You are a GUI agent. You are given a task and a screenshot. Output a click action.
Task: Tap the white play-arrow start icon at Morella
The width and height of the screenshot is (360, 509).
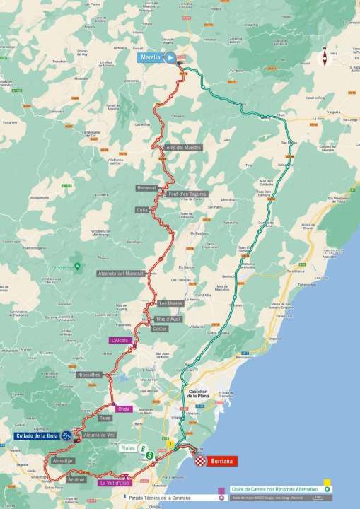170,59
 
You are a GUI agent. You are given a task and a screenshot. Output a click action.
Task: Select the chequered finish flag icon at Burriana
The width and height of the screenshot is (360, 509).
201,460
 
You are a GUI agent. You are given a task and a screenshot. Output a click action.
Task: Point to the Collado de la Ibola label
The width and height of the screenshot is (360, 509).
34,435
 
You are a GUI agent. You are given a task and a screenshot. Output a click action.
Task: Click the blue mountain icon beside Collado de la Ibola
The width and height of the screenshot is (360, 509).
66,436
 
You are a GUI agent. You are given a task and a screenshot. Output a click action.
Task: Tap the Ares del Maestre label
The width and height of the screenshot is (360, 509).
182,148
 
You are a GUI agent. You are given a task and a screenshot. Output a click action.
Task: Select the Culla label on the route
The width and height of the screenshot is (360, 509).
142,210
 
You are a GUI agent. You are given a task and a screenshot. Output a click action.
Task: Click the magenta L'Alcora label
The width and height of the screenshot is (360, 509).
121,340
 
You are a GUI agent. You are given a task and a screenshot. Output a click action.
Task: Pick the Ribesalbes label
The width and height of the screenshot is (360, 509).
91,374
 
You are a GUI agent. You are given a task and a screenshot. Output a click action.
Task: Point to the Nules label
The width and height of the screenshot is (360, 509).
128,448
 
